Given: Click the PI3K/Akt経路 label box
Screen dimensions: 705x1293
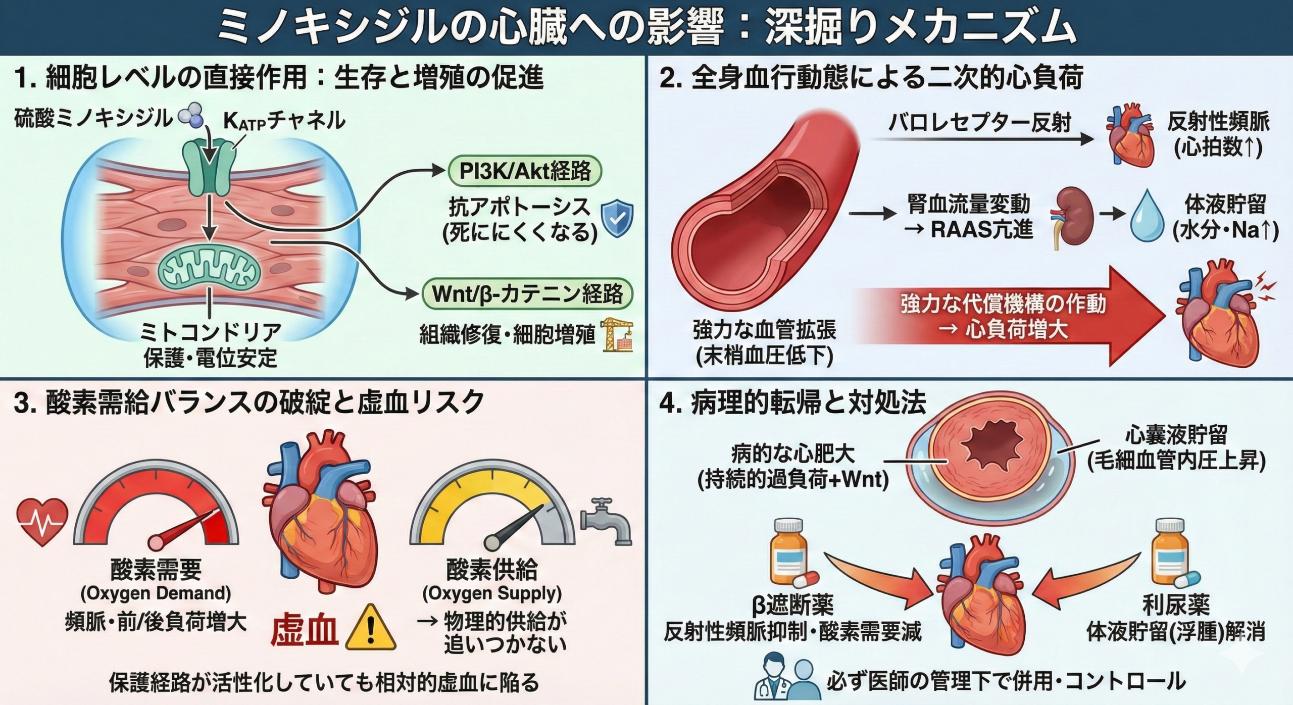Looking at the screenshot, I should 525,172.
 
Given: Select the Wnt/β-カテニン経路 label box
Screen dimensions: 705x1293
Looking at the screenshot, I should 527,294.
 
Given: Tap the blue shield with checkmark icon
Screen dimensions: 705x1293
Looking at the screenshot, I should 617,219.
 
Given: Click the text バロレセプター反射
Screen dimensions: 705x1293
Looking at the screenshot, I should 979,123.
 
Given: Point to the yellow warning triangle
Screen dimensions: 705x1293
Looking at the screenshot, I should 371,628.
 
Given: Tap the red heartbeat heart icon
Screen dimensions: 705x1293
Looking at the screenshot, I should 42,521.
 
